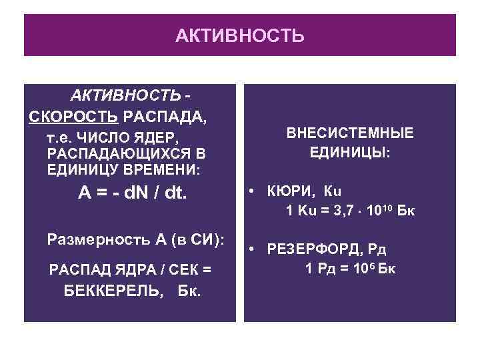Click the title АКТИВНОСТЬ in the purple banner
pos(240,35)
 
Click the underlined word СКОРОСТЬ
pos(74,118)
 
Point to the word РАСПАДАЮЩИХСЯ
pos(117,153)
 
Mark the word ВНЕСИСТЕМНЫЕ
pos(350,133)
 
